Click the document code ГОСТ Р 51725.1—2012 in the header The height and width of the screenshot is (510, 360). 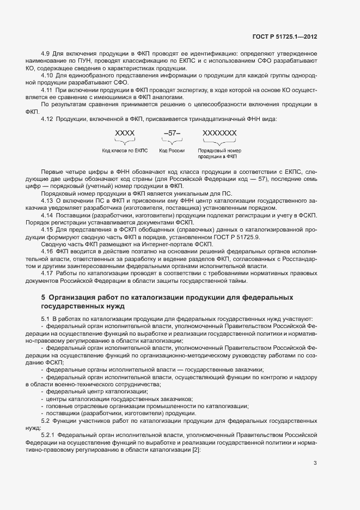[285, 37]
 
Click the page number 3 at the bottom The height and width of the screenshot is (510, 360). [315, 464]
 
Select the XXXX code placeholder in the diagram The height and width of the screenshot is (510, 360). [125, 133]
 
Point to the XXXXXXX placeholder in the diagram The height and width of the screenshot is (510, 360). [219, 133]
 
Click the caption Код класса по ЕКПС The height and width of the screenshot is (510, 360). [125, 150]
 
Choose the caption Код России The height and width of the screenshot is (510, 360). [172, 150]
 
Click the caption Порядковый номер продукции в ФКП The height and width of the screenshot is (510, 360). [219, 154]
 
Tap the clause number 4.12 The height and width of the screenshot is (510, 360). [47, 119]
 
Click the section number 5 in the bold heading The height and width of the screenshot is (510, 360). [44, 297]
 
